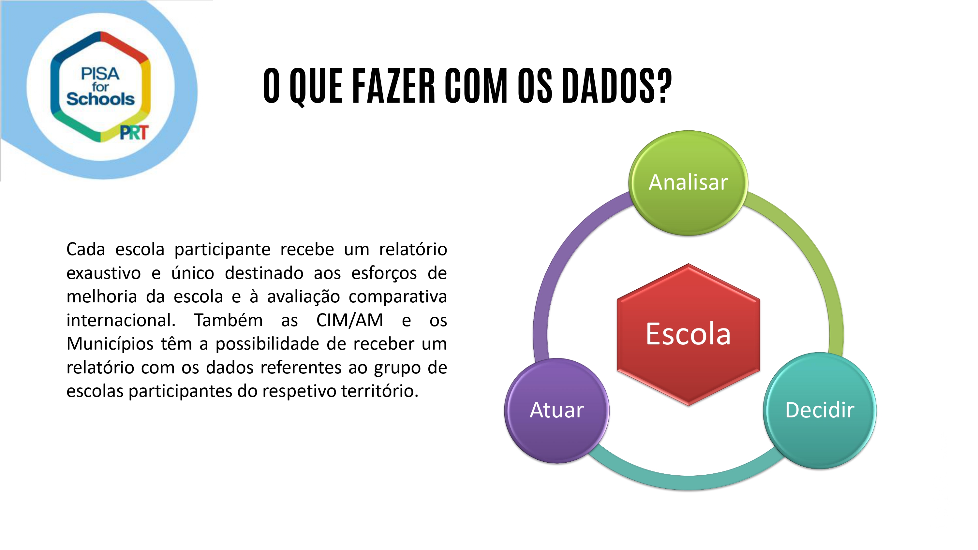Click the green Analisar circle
point(688,183)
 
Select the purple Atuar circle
point(557,410)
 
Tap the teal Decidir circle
point(820,410)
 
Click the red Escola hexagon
point(688,334)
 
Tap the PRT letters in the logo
point(134,133)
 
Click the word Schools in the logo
point(100,99)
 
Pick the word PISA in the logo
point(100,74)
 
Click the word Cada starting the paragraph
point(86,249)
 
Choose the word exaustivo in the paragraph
point(104,273)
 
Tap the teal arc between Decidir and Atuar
point(688,482)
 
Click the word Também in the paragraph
point(229,320)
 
